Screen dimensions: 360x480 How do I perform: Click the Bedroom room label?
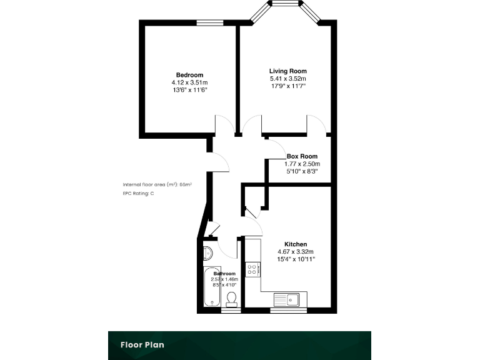pos(189,75)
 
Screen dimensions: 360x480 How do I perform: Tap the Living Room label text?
pos(287,71)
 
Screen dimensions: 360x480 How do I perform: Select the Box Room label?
pos(302,156)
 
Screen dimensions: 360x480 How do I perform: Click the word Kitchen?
pos(296,244)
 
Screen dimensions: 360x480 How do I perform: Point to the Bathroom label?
pos(224,274)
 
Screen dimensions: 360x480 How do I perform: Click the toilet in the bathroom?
pos(232,298)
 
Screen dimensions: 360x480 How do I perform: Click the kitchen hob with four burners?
pos(254,270)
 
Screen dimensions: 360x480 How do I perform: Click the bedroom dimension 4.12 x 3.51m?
pos(189,82)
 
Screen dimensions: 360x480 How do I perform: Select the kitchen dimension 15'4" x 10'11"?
pos(296,259)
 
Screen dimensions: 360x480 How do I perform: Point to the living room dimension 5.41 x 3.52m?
pos(287,79)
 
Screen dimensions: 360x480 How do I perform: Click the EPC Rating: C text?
pos(138,194)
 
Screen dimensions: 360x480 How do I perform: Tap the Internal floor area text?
pos(157,185)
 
